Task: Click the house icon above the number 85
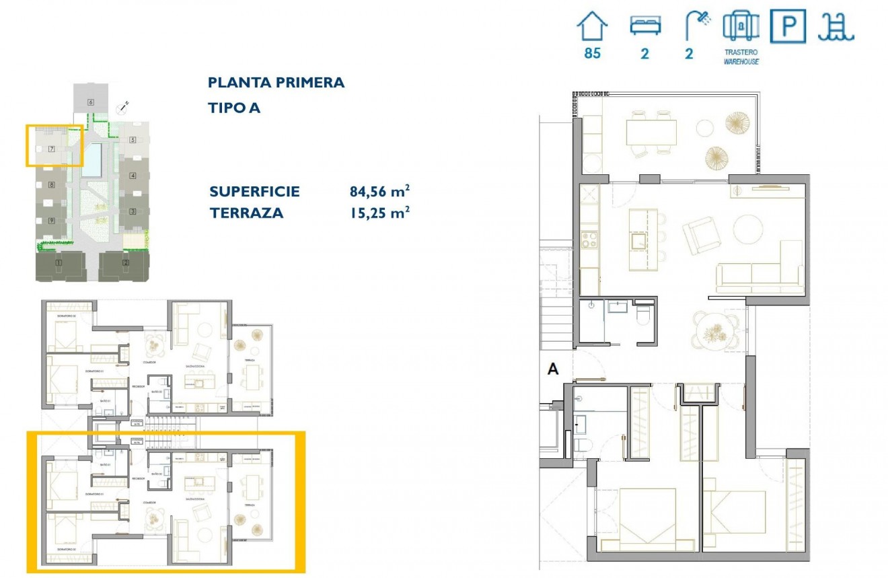point(592,27)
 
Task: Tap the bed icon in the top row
point(645,26)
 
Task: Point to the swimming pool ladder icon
point(836,28)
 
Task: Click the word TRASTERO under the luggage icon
point(741,52)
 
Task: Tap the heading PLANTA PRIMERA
point(276,83)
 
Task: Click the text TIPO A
point(234,108)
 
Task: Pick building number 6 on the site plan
point(90,102)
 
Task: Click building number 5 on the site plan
point(133,140)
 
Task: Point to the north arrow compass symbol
point(123,106)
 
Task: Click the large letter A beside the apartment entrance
point(554,369)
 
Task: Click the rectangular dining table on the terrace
point(651,132)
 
